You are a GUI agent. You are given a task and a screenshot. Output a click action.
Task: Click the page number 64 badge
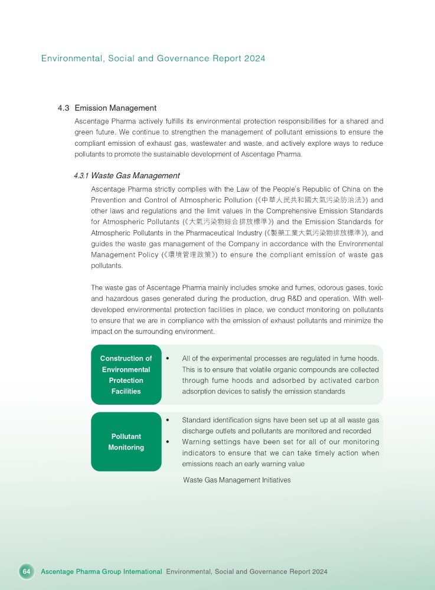tap(26, 572)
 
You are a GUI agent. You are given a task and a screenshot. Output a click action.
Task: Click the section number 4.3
tap(64, 108)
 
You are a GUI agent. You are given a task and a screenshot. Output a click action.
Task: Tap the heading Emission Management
tap(115, 108)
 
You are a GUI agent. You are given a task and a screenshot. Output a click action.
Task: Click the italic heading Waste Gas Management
tap(135, 176)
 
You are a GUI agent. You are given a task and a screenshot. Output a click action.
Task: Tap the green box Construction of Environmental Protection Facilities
tap(126, 375)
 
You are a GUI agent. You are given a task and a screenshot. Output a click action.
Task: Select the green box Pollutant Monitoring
tap(126, 442)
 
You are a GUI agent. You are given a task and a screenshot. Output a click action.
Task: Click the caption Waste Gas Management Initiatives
tap(237, 480)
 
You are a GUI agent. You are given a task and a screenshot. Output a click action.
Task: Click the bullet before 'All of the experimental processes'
tap(169, 359)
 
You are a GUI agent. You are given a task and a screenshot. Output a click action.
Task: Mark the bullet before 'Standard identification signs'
tap(169, 420)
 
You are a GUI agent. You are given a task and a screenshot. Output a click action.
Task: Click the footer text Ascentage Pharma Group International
tap(102, 572)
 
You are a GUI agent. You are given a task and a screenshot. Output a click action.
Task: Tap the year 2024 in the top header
tap(255, 58)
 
